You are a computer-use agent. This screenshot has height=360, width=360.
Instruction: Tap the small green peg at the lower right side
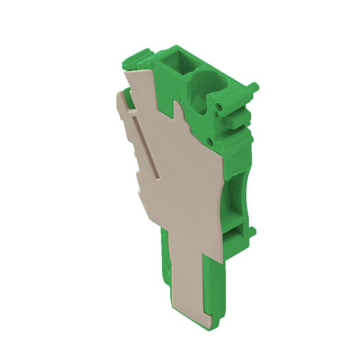(x=253, y=232)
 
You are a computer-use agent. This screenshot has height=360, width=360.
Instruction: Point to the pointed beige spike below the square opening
(x=179, y=110)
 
